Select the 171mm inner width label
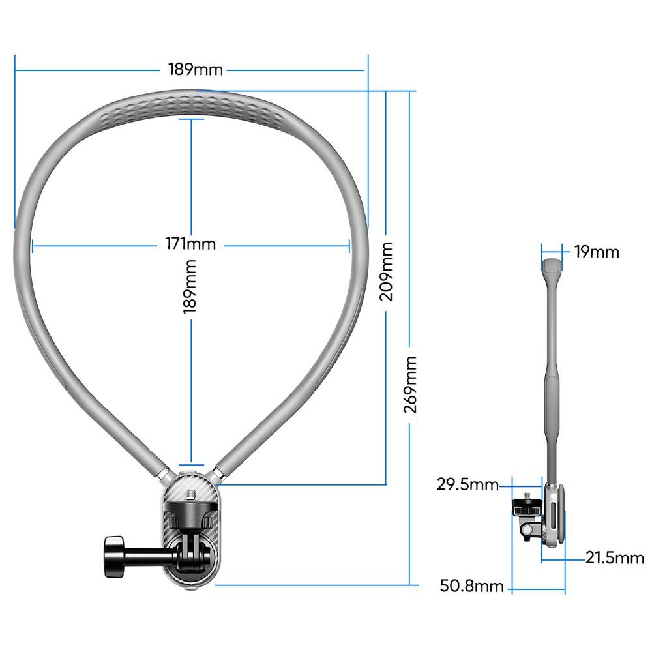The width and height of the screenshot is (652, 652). click(x=190, y=244)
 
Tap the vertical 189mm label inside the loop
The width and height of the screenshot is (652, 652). click(x=190, y=287)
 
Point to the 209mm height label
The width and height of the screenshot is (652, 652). click(x=387, y=271)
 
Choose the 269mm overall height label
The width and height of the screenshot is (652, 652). click(x=410, y=384)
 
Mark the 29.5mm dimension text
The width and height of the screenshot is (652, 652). click(x=467, y=484)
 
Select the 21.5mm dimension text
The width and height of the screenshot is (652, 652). click(x=614, y=557)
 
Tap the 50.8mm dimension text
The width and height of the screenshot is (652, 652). click(x=471, y=586)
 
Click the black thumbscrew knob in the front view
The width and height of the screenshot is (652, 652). click(x=115, y=556)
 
